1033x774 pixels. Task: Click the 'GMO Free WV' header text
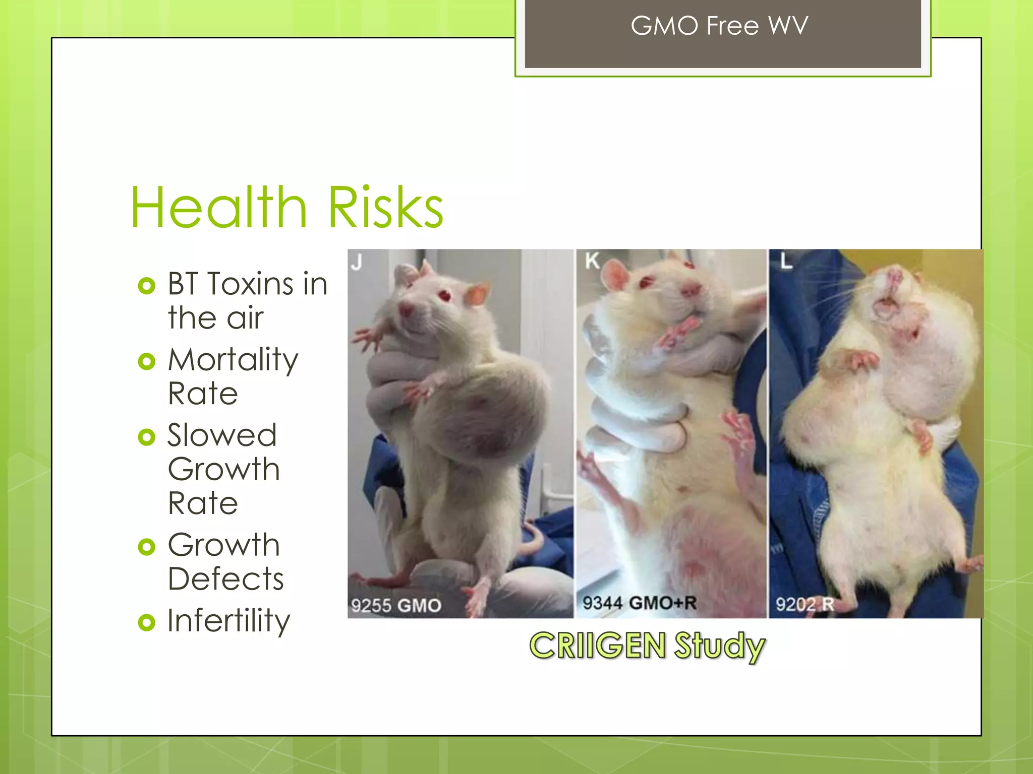(x=719, y=26)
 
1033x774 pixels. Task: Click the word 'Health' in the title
(x=218, y=208)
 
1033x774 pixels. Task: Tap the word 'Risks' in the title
(x=386, y=208)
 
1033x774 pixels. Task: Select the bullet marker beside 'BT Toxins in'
(x=146, y=286)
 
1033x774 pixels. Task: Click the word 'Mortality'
(x=233, y=360)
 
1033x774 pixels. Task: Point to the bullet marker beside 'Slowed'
(x=146, y=437)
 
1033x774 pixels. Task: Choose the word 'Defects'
(x=225, y=578)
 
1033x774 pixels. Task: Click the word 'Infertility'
(x=228, y=620)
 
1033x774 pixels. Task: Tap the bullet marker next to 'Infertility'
(x=146, y=622)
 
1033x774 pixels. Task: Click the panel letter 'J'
(x=357, y=262)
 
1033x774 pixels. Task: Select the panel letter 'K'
(x=592, y=261)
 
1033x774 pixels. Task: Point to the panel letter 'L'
(x=786, y=261)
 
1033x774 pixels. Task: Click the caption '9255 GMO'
(x=396, y=605)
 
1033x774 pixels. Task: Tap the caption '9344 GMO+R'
(x=639, y=603)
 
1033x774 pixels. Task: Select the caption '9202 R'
(x=805, y=604)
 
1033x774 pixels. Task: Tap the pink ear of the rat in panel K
(x=615, y=275)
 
